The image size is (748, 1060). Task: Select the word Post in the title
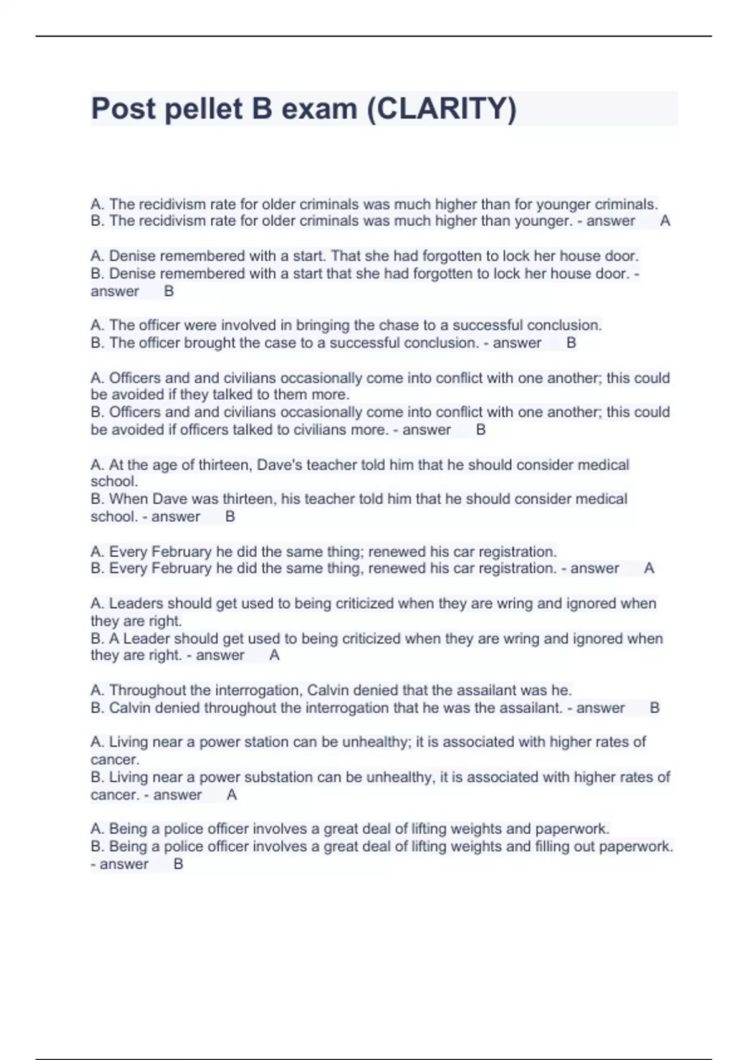pyautogui.click(x=123, y=108)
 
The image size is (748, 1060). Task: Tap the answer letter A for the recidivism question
pyautogui.click(x=665, y=221)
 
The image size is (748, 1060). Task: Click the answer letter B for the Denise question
pyautogui.click(x=169, y=291)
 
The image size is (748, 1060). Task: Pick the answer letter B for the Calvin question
pyautogui.click(x=654, y=708)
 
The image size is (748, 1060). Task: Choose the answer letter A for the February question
pyautogui.click(x=649, y=569)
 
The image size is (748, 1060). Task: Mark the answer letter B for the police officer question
pyautogui.click(x=178, y=864)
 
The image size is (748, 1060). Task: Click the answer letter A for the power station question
pyautogui.click(x=232, y=795)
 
